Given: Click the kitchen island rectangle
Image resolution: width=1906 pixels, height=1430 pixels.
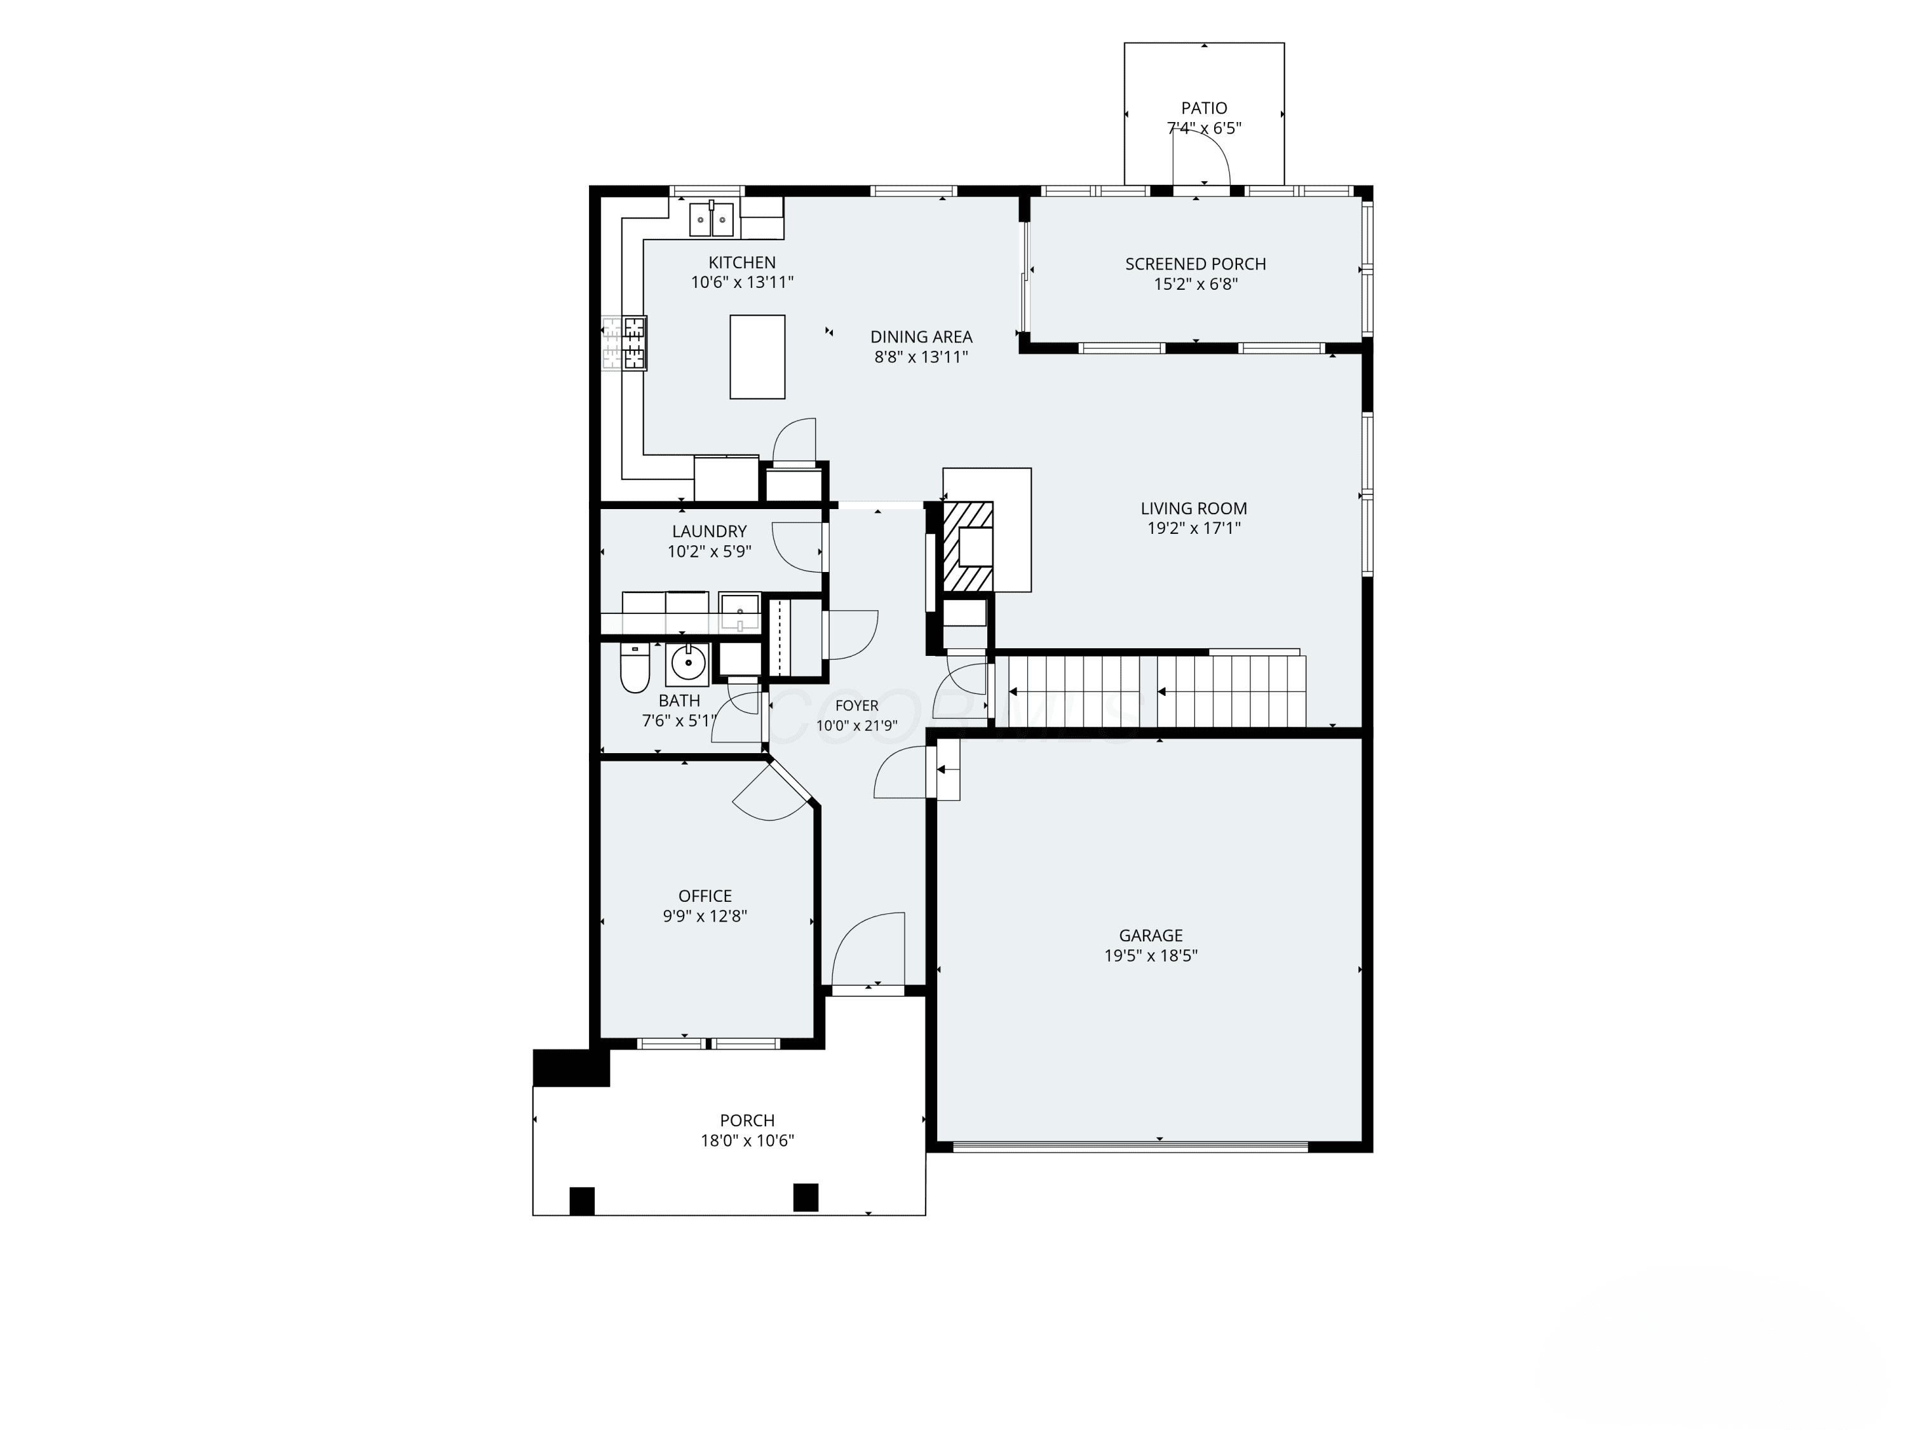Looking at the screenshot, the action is pos(757,357).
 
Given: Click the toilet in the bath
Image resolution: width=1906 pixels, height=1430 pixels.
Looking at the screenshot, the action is pos(635,668).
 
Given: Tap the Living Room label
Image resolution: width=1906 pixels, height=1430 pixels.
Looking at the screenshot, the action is pos(1193,508).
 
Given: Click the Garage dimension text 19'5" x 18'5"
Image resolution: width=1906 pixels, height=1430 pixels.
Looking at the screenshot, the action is pos(1151,955).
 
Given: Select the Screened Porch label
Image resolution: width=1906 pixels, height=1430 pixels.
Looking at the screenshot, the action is pos(1195,264).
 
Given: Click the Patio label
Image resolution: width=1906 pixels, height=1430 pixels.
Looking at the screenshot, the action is pos(1204,108).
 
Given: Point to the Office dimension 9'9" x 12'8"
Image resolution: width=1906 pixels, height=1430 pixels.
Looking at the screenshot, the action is pos(705,916).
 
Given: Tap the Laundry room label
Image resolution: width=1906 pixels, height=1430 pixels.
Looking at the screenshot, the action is pos(709,531).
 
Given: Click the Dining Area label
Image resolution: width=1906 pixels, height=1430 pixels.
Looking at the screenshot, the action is pos(921,337).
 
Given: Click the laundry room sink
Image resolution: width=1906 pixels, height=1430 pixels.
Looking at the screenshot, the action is pos(740,613).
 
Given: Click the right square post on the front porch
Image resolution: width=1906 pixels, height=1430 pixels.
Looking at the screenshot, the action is pos(806,1197).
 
